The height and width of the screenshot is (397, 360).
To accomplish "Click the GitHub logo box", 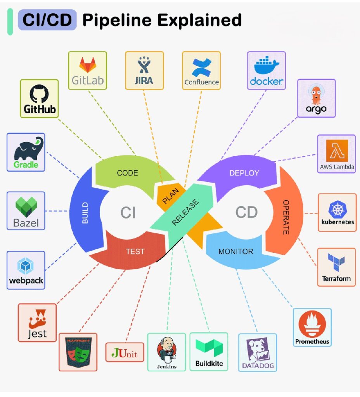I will click(x=39, y=98).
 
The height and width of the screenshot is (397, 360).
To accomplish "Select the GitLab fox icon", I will click(x=87, y=64).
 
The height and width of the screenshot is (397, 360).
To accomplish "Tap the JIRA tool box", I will click(x=144, y=71).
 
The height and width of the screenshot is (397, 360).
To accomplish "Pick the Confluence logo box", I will click(x=201, y=71).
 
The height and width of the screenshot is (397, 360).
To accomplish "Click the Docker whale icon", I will click(x=267, y=64).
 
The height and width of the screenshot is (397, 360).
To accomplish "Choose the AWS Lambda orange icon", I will click(x=336, y=150).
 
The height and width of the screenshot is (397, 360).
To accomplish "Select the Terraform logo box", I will click(x=336, y=267).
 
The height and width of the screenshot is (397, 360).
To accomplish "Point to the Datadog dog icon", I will click(x=258, y=350).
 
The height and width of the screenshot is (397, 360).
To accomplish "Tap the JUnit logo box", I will click(x=125, y=352).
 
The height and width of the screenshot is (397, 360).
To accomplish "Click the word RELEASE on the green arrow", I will click(x=185, y=212).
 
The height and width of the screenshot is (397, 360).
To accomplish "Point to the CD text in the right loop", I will click(x=246, y=212).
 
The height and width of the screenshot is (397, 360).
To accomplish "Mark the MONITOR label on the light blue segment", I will click(x=235, y=252).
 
